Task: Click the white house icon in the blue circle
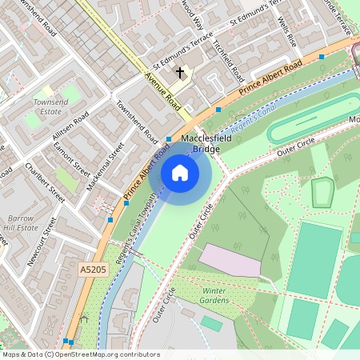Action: click(180, 172)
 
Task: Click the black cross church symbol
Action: click(180, 74)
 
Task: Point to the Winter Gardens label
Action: click(215, 295)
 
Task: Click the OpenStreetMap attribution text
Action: click(80, 354)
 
